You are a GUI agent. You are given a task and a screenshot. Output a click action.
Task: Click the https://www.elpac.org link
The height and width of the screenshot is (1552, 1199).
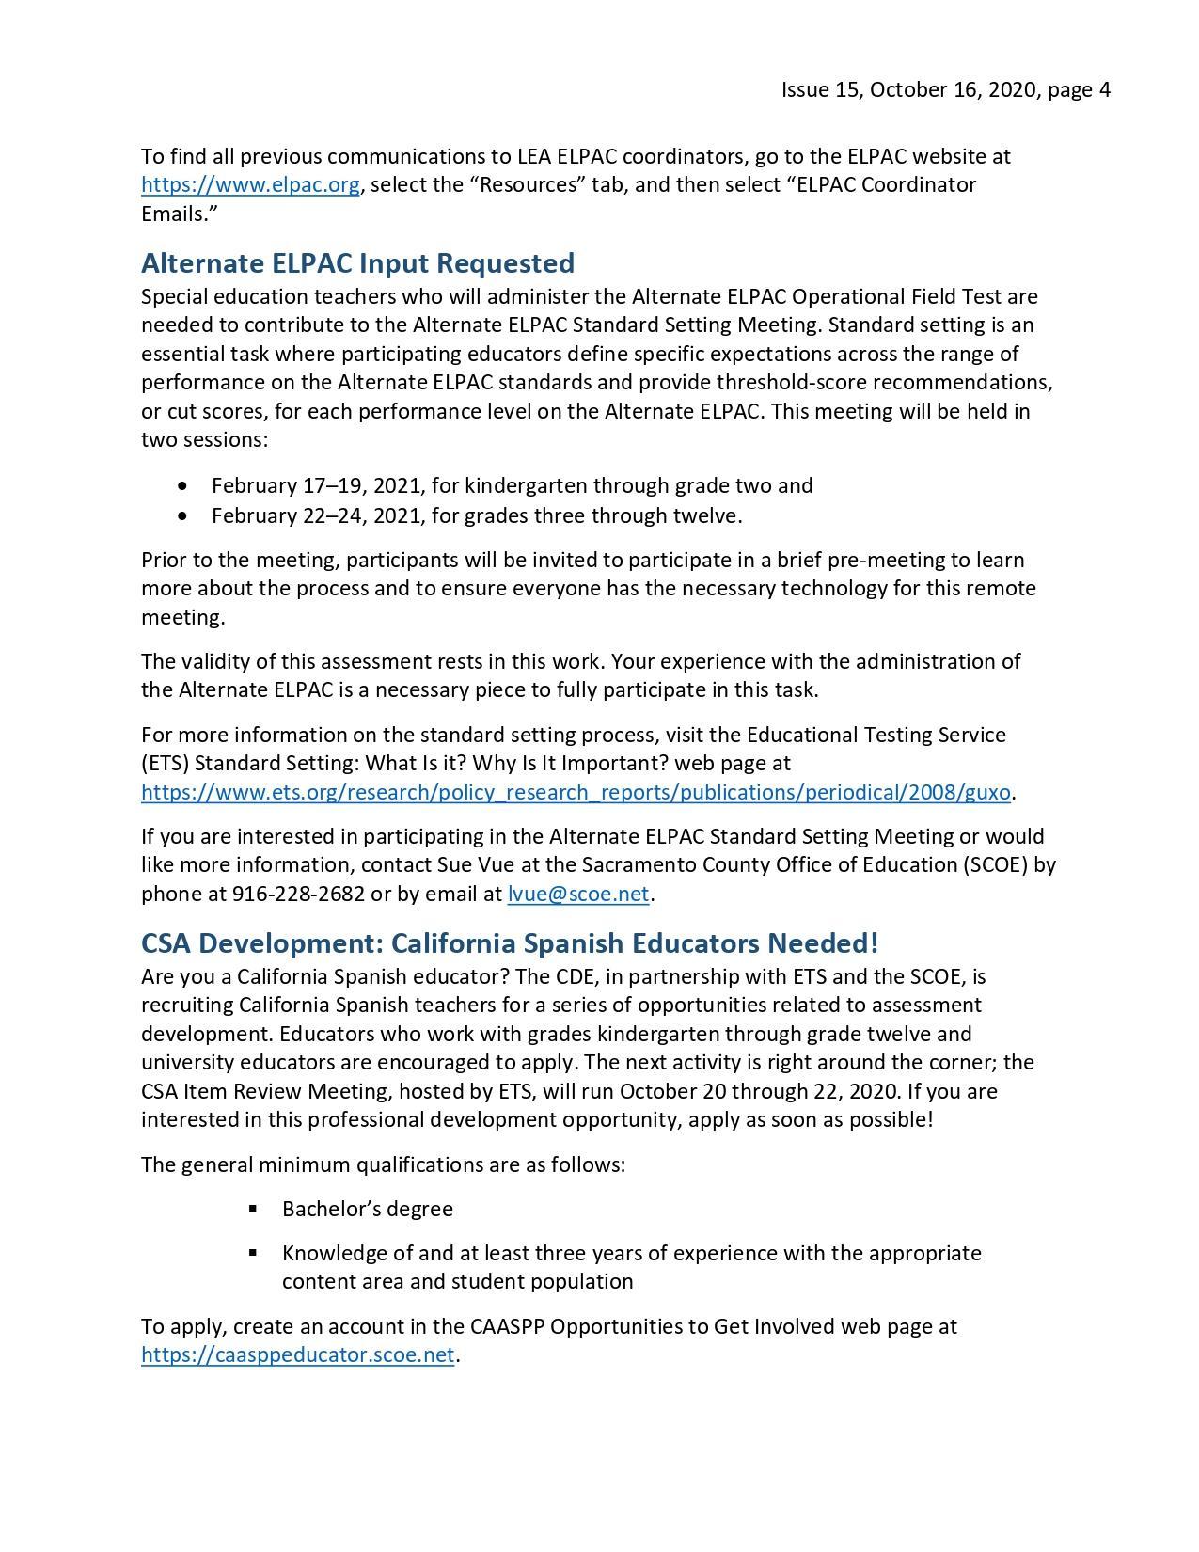pyautogui.click(x=250, y=184)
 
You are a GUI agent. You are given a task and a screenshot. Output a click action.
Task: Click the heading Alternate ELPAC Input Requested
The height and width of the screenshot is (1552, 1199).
pyautogui.click(x=357, y=262)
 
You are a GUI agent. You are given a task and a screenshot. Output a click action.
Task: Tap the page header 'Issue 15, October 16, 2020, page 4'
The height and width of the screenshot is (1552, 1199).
pyautogui.click(x=945, y=89)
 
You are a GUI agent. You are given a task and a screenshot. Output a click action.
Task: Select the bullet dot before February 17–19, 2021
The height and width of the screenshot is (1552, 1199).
pyautogui.click(x=181, y=486)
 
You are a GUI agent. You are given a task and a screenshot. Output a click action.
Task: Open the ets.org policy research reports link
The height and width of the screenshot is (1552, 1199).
pyautogui.click(x=576, y=792)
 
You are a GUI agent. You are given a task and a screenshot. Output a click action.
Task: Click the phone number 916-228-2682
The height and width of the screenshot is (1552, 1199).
pyautogui.click(x=298, y=894)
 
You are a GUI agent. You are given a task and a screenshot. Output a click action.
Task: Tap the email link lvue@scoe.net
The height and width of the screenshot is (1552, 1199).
pyautogui.click(x=577, y=894)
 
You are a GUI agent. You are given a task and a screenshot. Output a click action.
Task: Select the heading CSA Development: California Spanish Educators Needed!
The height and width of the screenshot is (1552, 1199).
pyautogui.click(x=510, y=942)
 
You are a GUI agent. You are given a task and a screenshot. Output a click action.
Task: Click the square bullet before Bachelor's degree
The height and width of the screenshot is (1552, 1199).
pyautogui.click(x=253, y=1209)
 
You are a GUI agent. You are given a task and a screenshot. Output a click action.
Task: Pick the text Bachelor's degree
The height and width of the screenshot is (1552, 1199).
pyautogui.click(x=367, y=1209)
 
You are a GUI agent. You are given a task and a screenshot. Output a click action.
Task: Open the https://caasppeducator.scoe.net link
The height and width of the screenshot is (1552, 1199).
pyautogui.click(x=297, y=1355)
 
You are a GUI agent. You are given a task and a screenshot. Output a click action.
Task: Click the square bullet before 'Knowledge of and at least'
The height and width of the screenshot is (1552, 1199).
pyautogui.click(x=253, y=1253)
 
